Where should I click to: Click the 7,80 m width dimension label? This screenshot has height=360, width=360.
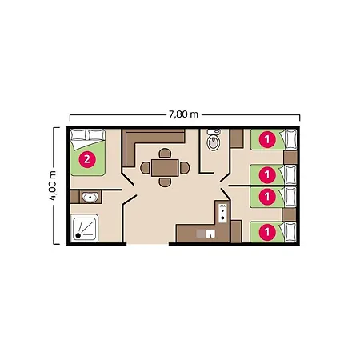point(183,114)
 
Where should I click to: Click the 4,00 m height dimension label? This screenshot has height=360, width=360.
point(53,186)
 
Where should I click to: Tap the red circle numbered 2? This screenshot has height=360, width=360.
point(87,159)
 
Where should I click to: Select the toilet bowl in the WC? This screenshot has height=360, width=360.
point(214,142)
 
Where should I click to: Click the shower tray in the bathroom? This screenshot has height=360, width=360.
point(84,228)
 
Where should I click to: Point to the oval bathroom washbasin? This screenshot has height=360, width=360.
point(90,198)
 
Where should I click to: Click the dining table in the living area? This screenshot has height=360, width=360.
point(165,168)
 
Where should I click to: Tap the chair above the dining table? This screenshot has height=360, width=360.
point(165,153)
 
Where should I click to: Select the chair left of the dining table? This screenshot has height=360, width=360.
point(145,168)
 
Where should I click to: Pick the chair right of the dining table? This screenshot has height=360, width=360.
point(185,168)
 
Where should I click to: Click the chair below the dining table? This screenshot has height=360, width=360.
point(165,182)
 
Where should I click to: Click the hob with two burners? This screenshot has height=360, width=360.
point(222,213)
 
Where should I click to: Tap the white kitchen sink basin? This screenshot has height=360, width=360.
point(210,234)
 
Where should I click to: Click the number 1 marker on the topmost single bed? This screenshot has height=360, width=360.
point(267,139)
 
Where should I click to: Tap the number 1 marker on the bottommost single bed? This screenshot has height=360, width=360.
point(267,232)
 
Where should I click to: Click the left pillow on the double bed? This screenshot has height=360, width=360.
point(78,135)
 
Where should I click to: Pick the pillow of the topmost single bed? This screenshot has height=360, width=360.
point(290,139)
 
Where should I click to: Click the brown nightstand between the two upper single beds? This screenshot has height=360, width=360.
point(290,158)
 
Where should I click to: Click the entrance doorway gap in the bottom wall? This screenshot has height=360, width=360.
point(147,244)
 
